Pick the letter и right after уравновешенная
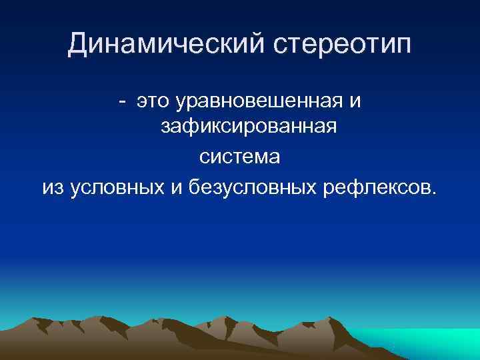(355, 101)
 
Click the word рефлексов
(377, 187)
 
